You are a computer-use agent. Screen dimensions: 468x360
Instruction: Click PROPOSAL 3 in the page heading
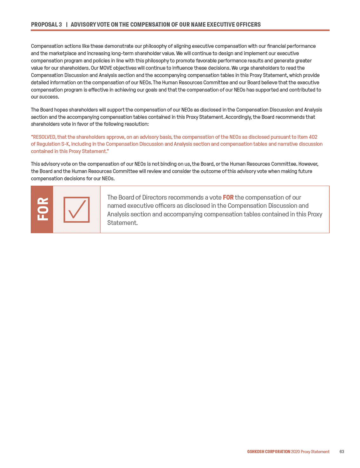(46, 25)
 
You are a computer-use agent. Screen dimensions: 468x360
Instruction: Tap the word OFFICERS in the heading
(248, 25)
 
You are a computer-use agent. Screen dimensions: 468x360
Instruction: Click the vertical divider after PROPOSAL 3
(67, 25)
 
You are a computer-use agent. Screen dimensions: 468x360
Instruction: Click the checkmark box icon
(76, 209)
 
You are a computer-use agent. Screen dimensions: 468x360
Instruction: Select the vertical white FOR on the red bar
(43, 209)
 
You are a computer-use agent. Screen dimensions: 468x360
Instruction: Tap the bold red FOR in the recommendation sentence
(228, 197)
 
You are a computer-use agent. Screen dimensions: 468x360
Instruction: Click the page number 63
(342, 452)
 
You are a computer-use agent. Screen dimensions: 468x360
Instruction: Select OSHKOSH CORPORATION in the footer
(269, 452)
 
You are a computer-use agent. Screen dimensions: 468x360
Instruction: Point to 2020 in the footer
(295, 452)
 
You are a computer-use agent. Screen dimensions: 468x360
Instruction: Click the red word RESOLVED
(44, 137)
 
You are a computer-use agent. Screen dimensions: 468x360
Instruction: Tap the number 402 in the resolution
(313, 137)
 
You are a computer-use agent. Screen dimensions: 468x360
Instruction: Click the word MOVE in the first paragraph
(106, 68)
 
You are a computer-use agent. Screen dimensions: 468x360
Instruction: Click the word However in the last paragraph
(308, 164)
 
